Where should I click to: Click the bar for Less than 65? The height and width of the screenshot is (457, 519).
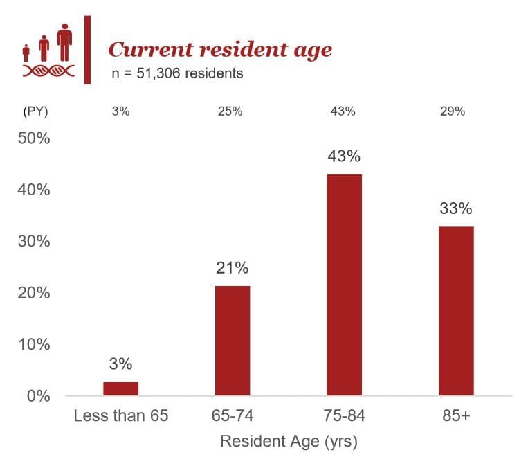[x=120, y=388]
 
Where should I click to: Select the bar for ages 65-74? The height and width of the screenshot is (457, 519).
[x=233, y=340]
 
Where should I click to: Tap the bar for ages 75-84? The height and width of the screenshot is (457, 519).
[x=344, y=285]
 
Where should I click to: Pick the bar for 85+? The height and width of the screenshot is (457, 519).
[x=456, y=310]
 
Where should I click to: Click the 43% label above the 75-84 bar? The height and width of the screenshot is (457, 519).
[x=344, y=156]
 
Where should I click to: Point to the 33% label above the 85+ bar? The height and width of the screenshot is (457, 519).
[x=456, y=208]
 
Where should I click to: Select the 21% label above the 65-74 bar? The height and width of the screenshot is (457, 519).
[x=233, y=268]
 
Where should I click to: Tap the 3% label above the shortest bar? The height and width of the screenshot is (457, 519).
[x=120, y=364]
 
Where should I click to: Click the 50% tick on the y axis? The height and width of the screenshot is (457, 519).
[x=33, y=138]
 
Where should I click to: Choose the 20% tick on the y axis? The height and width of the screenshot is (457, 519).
[x=33, y=294]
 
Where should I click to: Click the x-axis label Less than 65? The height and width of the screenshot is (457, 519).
[x=120, y=417]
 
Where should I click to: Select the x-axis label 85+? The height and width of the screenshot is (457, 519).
[x=456, y=417]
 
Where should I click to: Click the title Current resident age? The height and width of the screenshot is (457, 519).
[x=220, y=50]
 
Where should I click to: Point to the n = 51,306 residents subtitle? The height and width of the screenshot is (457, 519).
[x=177, y=73]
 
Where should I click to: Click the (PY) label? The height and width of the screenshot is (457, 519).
[x=35, y=111]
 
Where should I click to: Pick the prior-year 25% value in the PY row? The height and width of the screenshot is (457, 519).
[x=233, y=111]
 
